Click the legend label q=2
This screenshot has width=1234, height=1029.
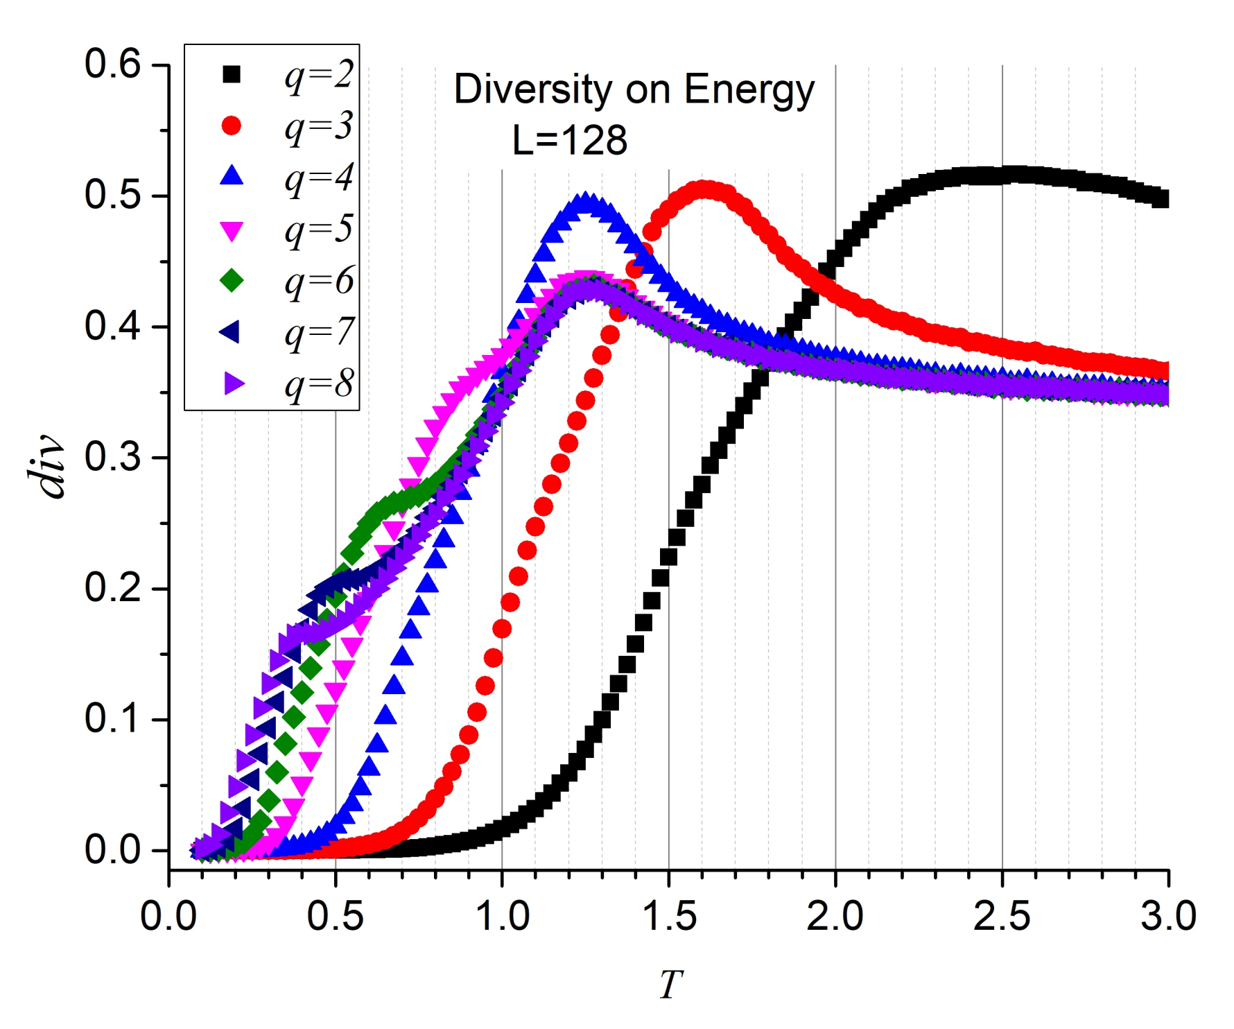click(x=319, y=75)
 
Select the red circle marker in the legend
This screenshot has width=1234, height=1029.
click(x=232, y=126)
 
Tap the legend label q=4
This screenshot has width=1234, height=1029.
click(x=319, y=178)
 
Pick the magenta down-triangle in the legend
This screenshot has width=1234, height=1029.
click(x=232, y=231)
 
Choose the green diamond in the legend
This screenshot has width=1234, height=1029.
click(x=232, y=281)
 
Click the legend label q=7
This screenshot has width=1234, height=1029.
click(x=319, y=333)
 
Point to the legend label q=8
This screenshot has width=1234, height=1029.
click(x=319, y=384)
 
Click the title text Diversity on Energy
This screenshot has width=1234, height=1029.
click(x=634, y=90)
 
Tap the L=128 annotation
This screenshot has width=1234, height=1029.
click(x=569, y=140)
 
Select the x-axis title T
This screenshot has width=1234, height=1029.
click(x=670, y=984)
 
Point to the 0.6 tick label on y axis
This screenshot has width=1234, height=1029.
click(x=112, y=64)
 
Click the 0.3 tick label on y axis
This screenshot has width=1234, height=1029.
click(x=112, y=458)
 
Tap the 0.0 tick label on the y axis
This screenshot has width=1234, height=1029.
click(x=112, y=850)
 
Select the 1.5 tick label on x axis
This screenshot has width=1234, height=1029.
click(x=668, y=916)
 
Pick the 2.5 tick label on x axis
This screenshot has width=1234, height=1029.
click(x=1002, y=916)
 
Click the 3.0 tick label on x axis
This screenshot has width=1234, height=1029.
click(x=1168, y=916)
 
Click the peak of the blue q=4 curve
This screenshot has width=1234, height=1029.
click(x=587, y=203)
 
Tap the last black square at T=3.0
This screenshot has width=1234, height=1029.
click(x=1161, y=200)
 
